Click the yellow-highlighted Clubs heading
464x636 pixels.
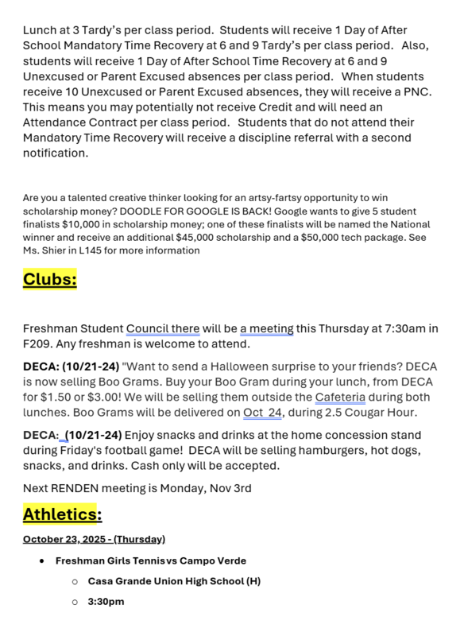49,279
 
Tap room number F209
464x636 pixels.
37,343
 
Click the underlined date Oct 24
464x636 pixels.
265,412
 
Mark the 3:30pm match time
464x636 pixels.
106,602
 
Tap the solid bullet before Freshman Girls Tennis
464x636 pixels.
41,560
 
